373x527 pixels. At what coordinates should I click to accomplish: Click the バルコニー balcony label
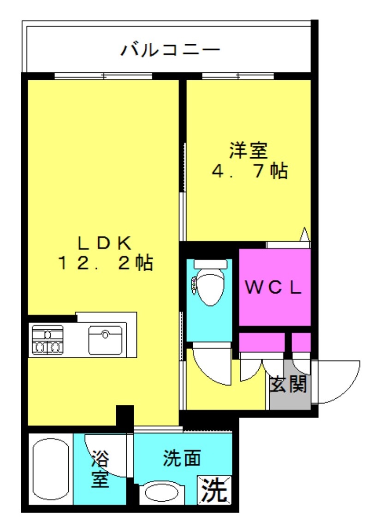click(x=170, y=50)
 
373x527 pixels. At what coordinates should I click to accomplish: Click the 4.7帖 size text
click(x=249, y=171)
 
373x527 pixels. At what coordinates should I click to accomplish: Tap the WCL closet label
click(x=273, y=288)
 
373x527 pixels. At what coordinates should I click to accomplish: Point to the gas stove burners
click(x=47, y=340)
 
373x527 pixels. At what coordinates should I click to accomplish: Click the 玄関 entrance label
click(x=289, y=384)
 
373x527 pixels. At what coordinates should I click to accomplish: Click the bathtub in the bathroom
click(x=50, y=471)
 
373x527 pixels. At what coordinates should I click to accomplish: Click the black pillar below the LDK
click(x=124, y=416)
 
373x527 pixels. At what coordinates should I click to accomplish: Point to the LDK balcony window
click(x=103, y=77)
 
